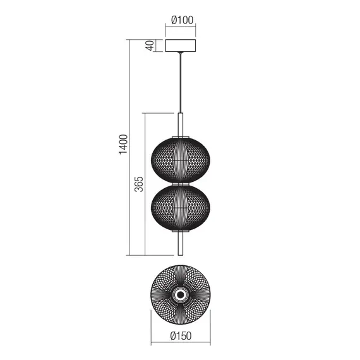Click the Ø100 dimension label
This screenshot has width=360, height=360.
pyautogui.click(x=181, y=18)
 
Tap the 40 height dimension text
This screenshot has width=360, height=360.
pyautogui.click(x=150, y=46)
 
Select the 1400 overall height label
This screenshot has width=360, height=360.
pyautogui.click(x=124, y=145)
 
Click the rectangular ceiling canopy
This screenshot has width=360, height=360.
pyautogui.click(x=181, y=47)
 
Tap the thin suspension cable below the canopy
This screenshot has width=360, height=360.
pyautogui.click(x=181, y=82)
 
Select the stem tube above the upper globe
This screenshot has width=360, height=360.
pyautogui.click(x=181, y=124)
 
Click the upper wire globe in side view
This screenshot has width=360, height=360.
pyautogui.click(x=181, y=158)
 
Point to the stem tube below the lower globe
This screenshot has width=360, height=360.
pyautogui.click(x=181, y=243)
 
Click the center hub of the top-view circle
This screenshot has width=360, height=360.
pyautogui.click(x=181, y=294)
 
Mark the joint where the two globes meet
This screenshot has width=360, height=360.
pyautogui.click(x=181, y=183)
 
